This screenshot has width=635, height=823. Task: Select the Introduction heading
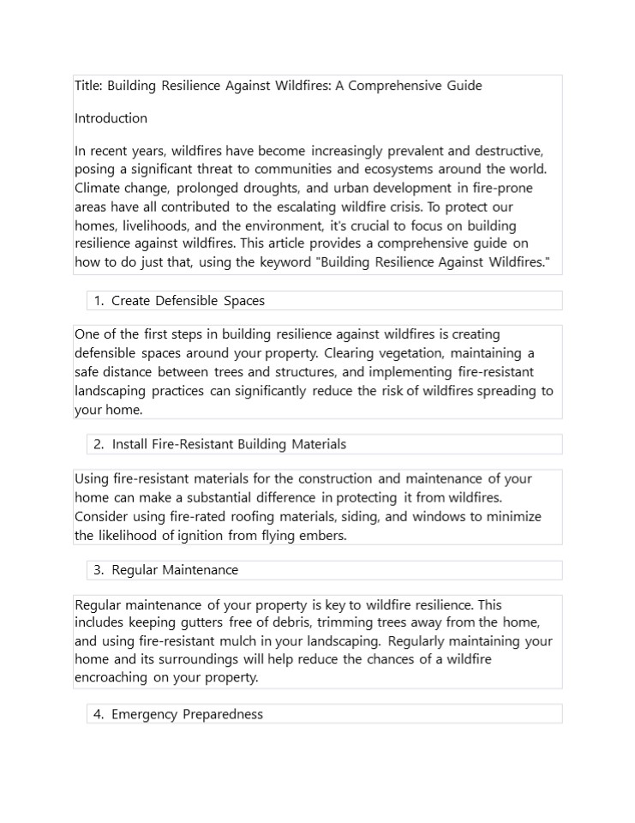111,118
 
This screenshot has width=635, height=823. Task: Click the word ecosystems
422,169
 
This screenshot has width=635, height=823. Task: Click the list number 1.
99,301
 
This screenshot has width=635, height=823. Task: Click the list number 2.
99,444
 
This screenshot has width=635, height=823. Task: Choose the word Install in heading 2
130,444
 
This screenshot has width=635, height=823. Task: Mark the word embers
323,536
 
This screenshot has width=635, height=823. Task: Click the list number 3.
99,570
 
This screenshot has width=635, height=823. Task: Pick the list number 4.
99,714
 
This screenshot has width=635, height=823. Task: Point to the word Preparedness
223,714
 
